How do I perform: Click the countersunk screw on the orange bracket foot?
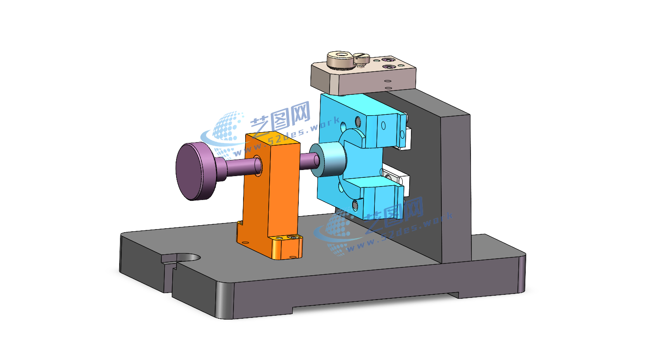click(294, 237)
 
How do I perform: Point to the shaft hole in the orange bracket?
click(257, 165)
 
